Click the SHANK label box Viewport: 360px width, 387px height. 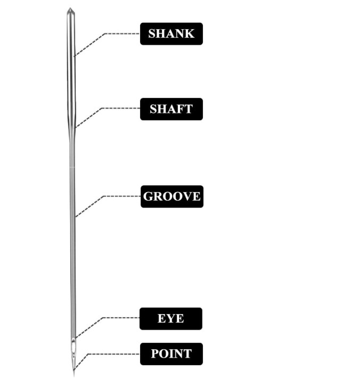[171, 34]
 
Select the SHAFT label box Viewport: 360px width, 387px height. [171, 109]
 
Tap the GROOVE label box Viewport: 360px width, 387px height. [171, 196]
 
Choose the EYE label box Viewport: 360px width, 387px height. [171, 318]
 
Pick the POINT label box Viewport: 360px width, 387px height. [171, 353]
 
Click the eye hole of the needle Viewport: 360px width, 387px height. [73, 349]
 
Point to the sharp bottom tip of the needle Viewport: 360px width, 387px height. [73, 374]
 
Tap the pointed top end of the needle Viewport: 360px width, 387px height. [69, 9]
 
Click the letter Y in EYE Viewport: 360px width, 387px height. [170, 318]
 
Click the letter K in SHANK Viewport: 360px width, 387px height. [190, 34]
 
